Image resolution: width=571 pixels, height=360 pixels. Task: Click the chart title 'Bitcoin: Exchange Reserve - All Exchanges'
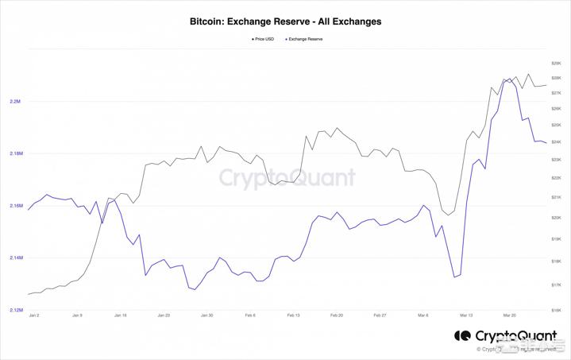[285, 21]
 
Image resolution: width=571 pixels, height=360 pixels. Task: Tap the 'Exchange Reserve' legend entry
[304, 38]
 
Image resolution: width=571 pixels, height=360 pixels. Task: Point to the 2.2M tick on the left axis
[15, 102]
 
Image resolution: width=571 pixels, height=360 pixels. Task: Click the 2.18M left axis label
[15, 153]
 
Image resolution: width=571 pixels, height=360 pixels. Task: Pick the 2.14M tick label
[15, 258]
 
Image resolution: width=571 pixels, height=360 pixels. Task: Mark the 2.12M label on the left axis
[15, 310]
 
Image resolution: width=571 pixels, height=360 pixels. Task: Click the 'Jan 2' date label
[33, 315]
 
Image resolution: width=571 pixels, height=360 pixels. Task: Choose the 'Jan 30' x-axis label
[206, 315]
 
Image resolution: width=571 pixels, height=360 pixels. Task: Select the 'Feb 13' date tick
[292, 315]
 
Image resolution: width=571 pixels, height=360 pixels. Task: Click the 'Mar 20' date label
[508, 315]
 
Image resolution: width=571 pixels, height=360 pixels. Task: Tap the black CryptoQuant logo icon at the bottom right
[462, 336]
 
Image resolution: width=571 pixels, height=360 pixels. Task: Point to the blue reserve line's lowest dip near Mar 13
[454, 277]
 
